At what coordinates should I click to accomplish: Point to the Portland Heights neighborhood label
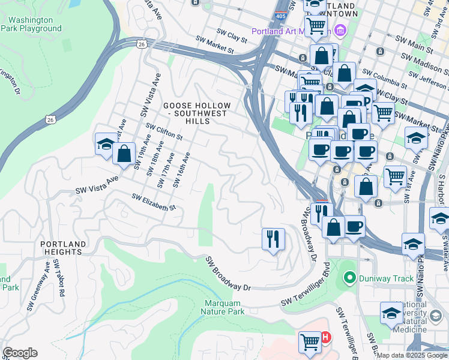[x=61, y=248]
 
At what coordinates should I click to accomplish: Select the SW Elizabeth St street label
[x=153, y=202]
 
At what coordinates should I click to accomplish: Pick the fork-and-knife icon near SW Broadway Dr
[x=273, y=239]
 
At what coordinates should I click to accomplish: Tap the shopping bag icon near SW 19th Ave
[x=124, y=154]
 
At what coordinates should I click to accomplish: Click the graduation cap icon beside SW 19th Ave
[x=105, y=144]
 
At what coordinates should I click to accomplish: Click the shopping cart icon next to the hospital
[x=310, y=342]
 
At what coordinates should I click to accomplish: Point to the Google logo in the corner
[x=20, y=353]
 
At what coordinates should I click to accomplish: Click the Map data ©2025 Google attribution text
[x=412, y=355]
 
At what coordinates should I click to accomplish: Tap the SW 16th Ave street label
[x=181, y=169]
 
